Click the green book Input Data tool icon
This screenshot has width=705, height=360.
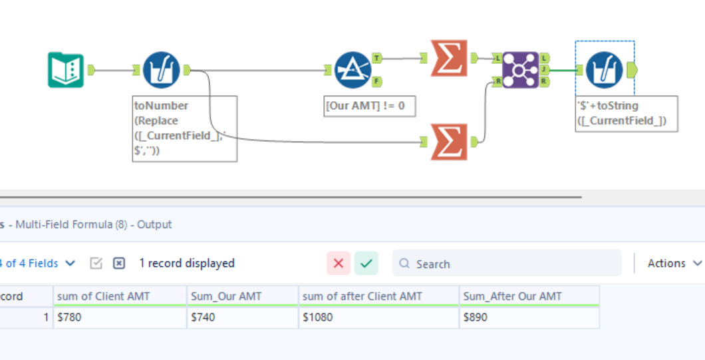(x=65, y=70)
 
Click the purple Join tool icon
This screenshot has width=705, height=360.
(x=521, y=69)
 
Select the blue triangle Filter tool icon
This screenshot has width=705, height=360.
(x=352, y=70)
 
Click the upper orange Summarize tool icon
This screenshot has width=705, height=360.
(x=449, y=59)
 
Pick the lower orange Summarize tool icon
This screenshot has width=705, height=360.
(x=449, y=142)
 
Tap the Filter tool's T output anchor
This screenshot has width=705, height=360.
(x=377, y=58)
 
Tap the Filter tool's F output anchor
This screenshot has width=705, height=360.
(x=377, y=82)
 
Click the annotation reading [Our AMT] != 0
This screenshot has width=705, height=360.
(x=369, y=106)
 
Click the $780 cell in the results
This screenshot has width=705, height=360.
(x=120, y=317)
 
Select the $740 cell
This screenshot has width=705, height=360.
(x=243, y=317)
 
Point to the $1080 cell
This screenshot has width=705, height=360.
(x=379, y=317)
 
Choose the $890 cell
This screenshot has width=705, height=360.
(x=529, y=317)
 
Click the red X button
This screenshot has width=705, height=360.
(x=338, y=264)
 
